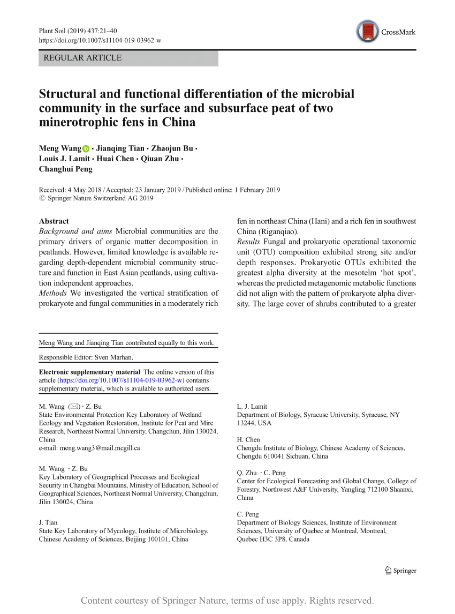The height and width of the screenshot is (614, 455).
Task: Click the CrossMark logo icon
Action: coord(368,32)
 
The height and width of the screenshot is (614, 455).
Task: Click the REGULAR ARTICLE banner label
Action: coord(82,58)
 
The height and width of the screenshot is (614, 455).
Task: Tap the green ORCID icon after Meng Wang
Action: coord(86,149)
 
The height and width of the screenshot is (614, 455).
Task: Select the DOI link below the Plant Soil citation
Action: coord(100,41)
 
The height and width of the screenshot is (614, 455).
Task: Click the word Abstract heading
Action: coord(54,221)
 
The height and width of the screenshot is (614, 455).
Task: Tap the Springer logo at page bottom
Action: coord(400,571)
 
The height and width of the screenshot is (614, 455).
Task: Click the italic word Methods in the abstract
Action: coord(53,293)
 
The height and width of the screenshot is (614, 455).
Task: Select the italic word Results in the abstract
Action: coord(249,242)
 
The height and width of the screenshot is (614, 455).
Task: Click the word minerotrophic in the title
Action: coord(78,122)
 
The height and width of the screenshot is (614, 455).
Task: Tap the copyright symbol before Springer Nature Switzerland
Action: coord(42,198)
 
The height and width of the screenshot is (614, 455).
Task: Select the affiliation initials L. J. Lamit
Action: coord(252,407)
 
